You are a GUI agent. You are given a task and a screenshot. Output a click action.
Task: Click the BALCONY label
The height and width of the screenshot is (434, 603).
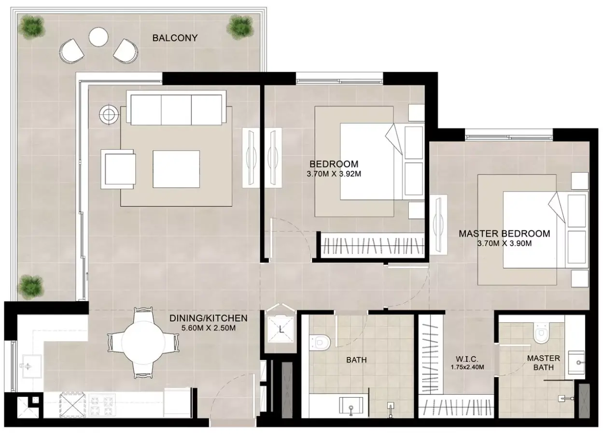(175, 38)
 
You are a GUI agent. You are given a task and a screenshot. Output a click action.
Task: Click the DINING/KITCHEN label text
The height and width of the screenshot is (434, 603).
(209, 318)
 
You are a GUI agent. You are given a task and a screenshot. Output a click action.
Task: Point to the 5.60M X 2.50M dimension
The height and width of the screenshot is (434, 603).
(209, 328)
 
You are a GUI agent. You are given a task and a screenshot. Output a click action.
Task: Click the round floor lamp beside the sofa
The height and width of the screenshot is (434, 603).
(109, 115)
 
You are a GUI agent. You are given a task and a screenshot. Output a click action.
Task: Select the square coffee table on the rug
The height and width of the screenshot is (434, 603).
(176, 169)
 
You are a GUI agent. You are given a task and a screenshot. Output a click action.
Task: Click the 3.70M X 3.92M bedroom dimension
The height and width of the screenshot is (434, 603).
(334, 174)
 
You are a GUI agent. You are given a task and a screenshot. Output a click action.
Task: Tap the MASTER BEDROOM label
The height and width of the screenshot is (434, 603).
(504, 234)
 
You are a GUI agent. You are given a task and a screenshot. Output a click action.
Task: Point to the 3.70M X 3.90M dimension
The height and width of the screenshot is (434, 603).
(505, 243)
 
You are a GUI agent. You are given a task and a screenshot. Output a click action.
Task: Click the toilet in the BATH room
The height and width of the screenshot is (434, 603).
(320, 342)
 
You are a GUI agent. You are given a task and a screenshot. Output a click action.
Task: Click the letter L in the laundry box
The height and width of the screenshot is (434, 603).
(281, 330)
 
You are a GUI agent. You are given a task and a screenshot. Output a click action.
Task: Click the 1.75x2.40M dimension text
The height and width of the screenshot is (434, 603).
(467, 367)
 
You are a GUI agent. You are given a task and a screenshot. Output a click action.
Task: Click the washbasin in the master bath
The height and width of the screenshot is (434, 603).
(576, 363)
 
